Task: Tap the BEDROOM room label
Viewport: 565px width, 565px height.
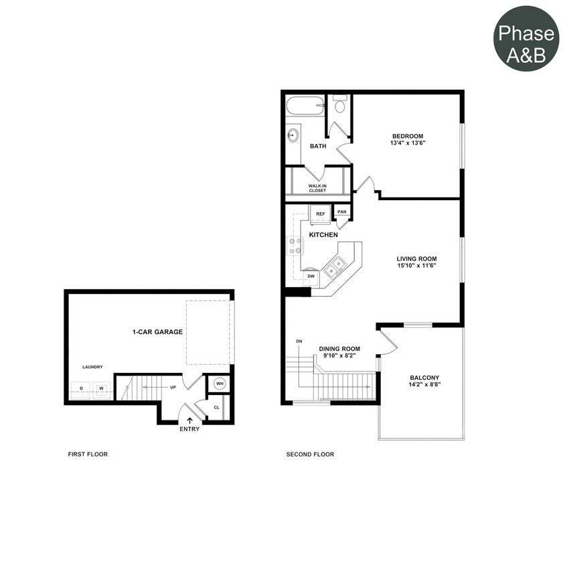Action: point(408,136)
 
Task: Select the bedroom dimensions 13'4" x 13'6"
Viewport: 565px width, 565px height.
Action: point(408,143)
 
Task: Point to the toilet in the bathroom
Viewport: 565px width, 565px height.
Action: point(340,104)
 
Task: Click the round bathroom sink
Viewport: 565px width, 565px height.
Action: point(293,135)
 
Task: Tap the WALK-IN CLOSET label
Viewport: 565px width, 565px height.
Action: point(318,188)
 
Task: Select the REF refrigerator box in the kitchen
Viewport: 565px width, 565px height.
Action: point(320,214)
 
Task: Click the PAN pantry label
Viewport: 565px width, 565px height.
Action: point(342,212)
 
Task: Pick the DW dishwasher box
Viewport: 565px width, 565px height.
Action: point(311,275)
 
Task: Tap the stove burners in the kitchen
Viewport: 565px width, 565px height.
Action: point(295,246)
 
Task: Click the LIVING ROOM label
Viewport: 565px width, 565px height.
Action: point(416,258)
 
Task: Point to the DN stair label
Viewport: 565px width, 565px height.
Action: point(299,341)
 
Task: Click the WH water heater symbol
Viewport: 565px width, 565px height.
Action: point(219,384)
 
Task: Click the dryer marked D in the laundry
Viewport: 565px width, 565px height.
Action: point(81,389)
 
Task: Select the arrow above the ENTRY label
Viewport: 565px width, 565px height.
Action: point(189,420)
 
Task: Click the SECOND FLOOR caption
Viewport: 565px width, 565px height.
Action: point(310,455)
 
